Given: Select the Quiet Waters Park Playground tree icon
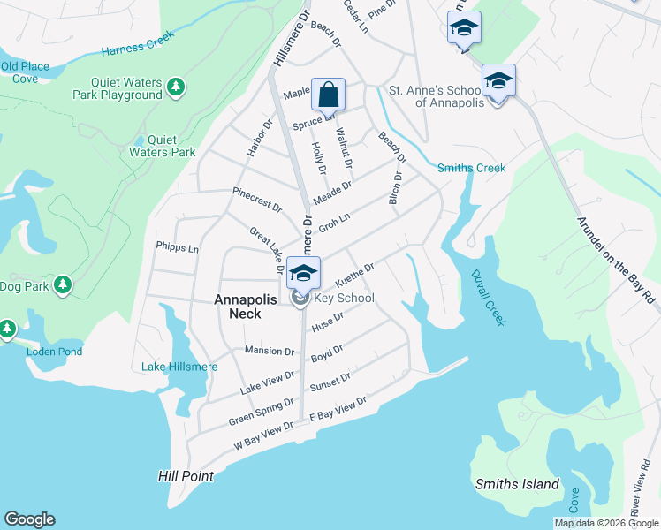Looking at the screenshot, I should [176, 87].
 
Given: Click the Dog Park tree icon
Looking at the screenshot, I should [62, 284].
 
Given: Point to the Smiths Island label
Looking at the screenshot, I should [517, 484].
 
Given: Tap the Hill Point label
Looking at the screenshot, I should [186, 476].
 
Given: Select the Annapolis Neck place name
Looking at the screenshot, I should [249, 299].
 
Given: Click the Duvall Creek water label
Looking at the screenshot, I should [488, 298].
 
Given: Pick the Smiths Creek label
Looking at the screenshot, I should [472, 168].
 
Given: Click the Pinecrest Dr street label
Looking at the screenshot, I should [256, 199].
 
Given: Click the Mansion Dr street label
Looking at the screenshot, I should [269, 351].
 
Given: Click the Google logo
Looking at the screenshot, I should [29, 519].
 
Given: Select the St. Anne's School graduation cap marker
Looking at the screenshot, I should [498, 81].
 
